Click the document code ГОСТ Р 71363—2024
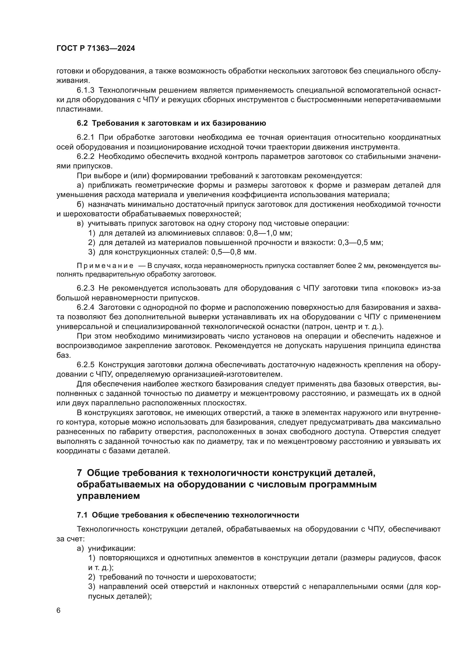click(x=96, y=48)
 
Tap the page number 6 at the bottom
click(x=59, y=611)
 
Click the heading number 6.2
click(x=82, y=123)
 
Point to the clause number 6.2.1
click(x=85, y=137)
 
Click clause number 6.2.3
click(x=85, y=288)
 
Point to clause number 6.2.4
click(x=85, y=308)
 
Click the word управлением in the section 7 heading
click(x=108, y=496)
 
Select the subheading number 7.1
click(x=82, y=515)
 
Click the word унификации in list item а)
click(x=112, y=548)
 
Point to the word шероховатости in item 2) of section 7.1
click(x=227, y=577)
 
